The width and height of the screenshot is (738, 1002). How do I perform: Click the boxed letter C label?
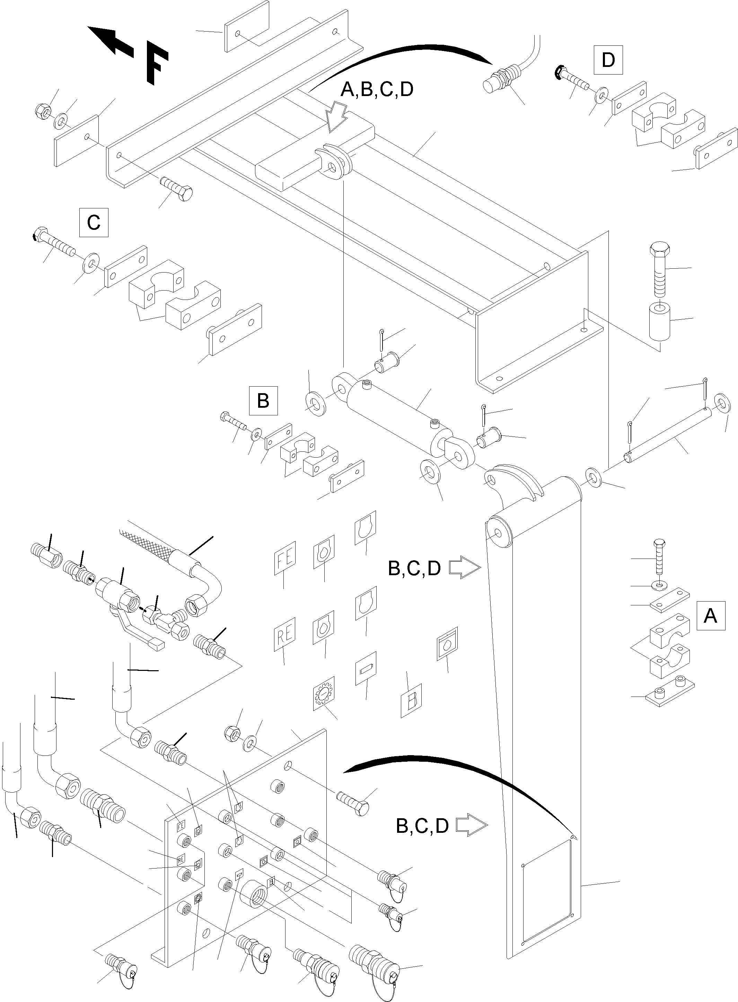(93, 222)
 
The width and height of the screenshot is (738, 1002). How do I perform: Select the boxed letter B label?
(263, 400)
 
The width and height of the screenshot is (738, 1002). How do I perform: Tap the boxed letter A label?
(710, 616)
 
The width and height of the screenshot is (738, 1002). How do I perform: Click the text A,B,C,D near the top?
(377, 90)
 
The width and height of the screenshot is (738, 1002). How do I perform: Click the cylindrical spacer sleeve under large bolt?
(658, 321)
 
